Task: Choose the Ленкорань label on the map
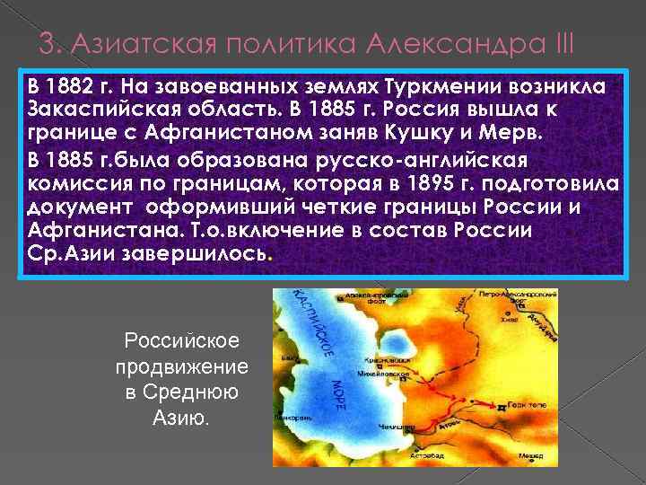pos(295,419)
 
